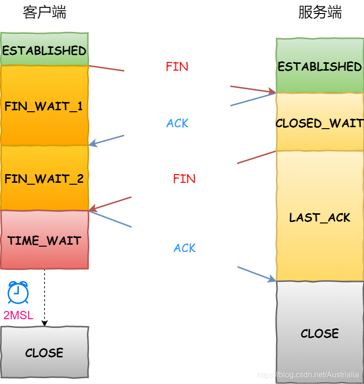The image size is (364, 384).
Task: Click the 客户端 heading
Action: click(x=44, y=13)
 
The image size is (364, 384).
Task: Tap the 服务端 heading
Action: click(x=320, y=13)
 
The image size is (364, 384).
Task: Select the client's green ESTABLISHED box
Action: click(x=44, y=50)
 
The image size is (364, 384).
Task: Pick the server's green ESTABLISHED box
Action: click(x=320, y=66)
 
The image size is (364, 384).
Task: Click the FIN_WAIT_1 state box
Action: click(x=44, y=105)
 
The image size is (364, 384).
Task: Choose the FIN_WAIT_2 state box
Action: click(x=44, y=178)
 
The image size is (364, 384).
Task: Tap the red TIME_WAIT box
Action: click(x=44, y=240)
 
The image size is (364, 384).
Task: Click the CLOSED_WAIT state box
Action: click(x=320, y=122)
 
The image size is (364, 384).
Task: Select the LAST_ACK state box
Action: click(x=320, y=217)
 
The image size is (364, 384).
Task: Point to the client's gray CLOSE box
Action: click(x=44, y=352)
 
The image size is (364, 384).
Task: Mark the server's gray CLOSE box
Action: click(x=320, y=333)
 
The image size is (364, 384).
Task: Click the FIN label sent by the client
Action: click(x=177, y=67)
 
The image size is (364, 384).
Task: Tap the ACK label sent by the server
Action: click(x=177, y=123)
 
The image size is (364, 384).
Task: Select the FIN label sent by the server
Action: click(x=184, y=179)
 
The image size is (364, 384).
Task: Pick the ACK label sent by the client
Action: click(x=185, y=248)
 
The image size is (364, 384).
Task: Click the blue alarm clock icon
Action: click(x=18, y=293)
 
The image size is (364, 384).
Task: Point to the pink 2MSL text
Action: click(x=18, y=315)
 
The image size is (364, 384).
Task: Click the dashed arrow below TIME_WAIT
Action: click(x=44, y=297)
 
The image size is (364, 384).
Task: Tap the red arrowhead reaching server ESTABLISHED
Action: click(x=271, y=91)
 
